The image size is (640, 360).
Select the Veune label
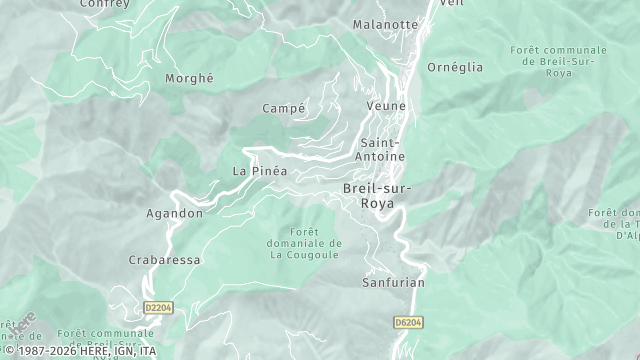click(x=384, y=106)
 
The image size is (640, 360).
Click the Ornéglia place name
click(x=454, y=68)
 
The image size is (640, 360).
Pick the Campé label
click(x=283, y=108)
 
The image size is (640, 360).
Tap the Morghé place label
click(x=189, y=78)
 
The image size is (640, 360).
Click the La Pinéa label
click(x=260, y=171)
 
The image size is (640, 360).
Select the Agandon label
click(x=175, y=213)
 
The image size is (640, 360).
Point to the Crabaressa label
click(x=165, y=260)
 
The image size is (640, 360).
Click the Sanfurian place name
click(x=393, y=283)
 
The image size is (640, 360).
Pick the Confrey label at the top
click(x=105, y=4)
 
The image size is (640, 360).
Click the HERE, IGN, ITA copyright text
click(x=80, y=351)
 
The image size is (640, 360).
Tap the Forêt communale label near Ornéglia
click(x=558, y=61)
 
